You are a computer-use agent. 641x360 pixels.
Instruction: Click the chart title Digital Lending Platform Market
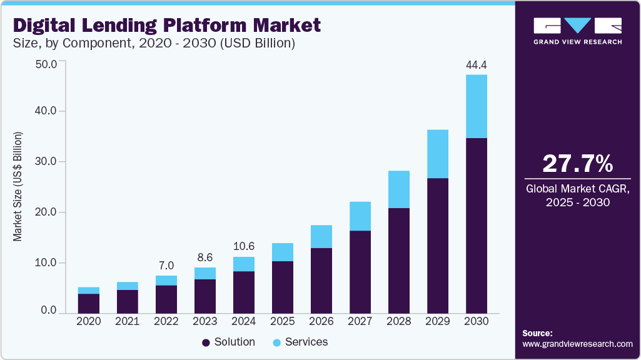pos(166,26)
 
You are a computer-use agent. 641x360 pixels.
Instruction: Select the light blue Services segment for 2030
pos(477,106)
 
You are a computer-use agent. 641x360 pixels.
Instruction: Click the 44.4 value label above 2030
pos(477,65)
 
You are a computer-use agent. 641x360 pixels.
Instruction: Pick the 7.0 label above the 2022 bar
pos(166,266)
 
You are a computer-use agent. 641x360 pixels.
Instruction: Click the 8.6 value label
pos(205,257)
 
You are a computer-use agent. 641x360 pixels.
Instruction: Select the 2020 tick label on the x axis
pos(89,321)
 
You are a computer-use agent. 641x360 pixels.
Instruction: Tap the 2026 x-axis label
pos(321,321)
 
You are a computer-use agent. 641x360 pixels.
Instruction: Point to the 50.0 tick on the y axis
pos(47,64)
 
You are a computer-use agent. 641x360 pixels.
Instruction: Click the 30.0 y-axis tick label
pos(47,162)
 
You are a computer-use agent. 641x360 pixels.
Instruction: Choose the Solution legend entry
pos(228,342)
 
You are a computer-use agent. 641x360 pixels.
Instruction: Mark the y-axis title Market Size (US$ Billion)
pos(18,187)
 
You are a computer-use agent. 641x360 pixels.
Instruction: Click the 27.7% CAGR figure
pos(577,164)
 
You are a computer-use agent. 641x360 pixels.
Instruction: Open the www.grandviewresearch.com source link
pos(577,344)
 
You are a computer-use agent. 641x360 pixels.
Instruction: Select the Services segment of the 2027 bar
pos(360,216)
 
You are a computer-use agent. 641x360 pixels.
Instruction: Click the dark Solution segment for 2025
pos(283,287)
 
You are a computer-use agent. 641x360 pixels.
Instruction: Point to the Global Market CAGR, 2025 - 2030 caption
pos(577,195)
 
